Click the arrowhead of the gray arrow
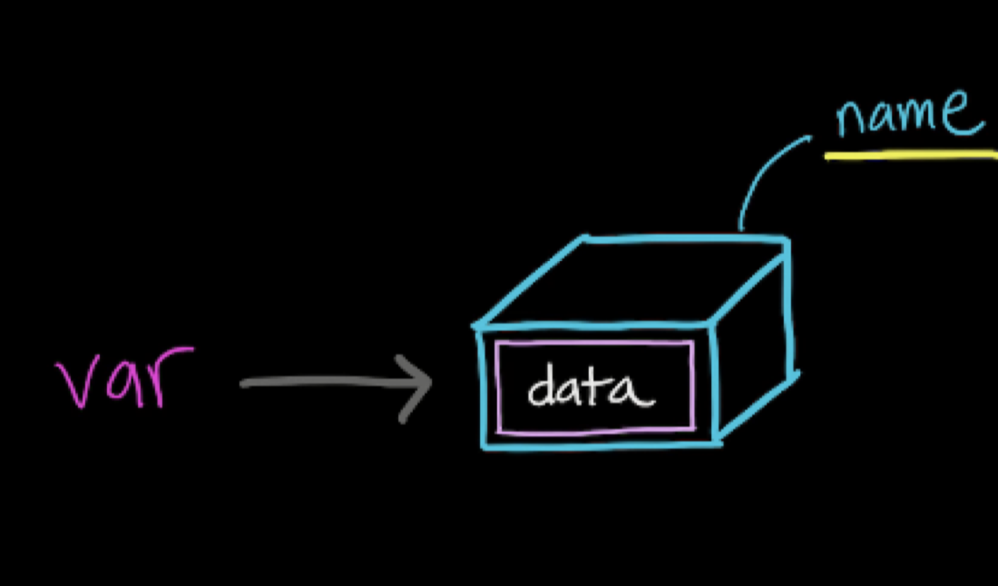(419, 385)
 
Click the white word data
(591, 388)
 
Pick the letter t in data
(600, 386)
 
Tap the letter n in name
(853, 118)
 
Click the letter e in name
(965, 113)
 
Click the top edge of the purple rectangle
(594, 344)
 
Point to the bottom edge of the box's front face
(599, 444)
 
